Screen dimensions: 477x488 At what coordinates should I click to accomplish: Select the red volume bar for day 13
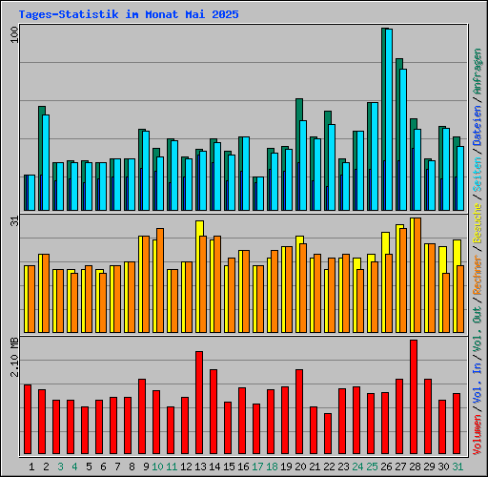[199, 403]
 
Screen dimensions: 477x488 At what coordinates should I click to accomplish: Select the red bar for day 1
[28, 420]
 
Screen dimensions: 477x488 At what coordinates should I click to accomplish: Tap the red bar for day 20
[299, 412]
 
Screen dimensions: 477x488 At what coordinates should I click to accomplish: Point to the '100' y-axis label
[13, 33]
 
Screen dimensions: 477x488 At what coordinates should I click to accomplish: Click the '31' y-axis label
[13, 221]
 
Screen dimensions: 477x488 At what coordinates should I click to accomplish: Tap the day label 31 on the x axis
[457, 467]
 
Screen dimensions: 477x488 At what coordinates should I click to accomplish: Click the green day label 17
[256, 467]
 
